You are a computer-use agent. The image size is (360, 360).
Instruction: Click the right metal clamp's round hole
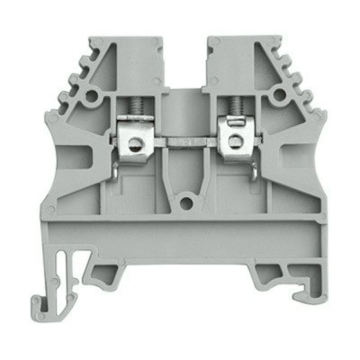tap(236, 139)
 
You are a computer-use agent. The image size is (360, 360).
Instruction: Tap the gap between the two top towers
tap(185, 63)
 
